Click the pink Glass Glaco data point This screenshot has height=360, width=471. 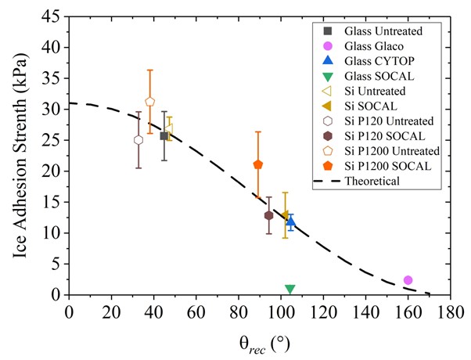click(408, 280)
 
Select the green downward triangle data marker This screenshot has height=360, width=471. click(289, 289)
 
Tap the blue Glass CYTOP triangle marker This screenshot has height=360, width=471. click(291, 221)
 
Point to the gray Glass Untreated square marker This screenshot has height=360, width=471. click(164, 135)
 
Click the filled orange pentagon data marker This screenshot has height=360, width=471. click(258, 164)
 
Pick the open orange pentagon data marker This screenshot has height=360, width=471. click(149, 102)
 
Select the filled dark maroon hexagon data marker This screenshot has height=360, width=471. click(268, 215)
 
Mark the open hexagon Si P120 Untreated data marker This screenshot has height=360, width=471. click(138, 140)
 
